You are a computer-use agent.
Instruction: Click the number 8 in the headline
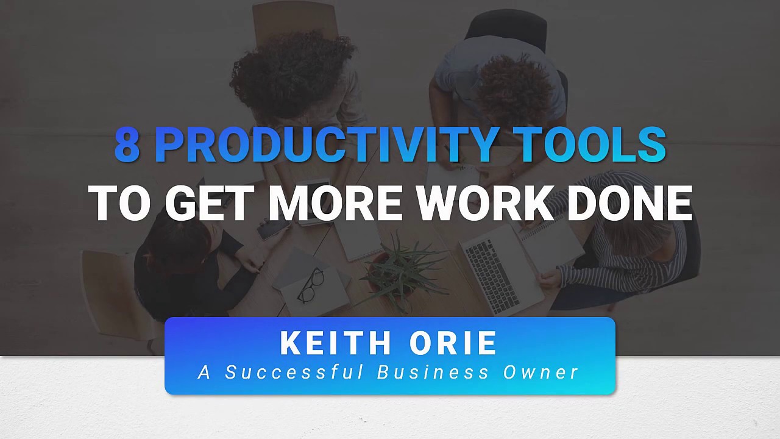[127, 145]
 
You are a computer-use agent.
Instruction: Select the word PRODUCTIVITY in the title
[325, 145]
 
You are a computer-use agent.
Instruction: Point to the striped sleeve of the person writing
[609, 268]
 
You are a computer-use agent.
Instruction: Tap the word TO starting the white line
[119, 203]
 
